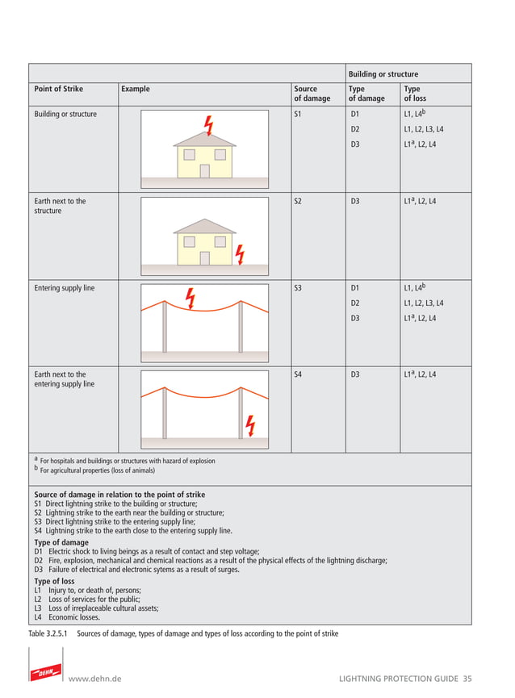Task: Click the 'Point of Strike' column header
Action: (58, 89)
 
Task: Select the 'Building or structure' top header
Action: (383, 74)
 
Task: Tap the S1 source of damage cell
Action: (298, 115)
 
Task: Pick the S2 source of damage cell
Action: (298, 201)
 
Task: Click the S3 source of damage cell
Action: (298, 288)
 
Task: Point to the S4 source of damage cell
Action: (298, 374)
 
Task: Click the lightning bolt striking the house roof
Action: (209, 126)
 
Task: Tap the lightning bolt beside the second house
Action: (239, 254)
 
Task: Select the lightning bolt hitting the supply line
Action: (190, 298)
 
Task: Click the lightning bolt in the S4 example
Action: (250, 424)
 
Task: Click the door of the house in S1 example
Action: (205, 170)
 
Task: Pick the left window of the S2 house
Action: (188, 241)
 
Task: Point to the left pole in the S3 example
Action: (165, 327)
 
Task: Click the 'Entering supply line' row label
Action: (64, 288)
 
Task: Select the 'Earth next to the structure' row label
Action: (60, 206)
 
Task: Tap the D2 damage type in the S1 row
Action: (355, 129)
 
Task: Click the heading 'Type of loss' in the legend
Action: (54, 581)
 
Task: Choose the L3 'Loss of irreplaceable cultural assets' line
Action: (96, 608)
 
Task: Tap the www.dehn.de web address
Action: (95, 679)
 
